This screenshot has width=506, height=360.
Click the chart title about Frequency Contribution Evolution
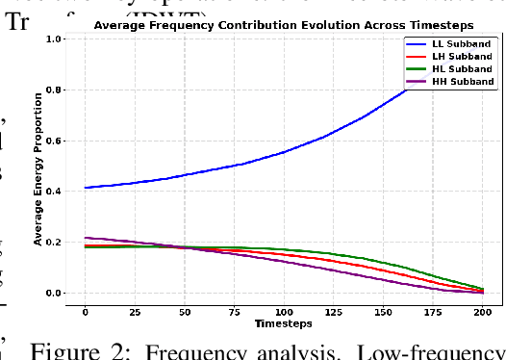(x=283, y=26)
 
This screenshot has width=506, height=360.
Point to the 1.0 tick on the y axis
(x=54, y=39)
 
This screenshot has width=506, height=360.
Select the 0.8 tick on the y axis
(x=54, y=90)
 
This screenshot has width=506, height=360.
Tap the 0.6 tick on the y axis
(x=54, y=141)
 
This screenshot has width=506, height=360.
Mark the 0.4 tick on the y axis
(x=54, y=192)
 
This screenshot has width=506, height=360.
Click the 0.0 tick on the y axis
(x=54, y=293)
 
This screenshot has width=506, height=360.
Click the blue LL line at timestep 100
(x=284, y=152)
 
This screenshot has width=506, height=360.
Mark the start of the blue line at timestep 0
(x=86, y=188)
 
